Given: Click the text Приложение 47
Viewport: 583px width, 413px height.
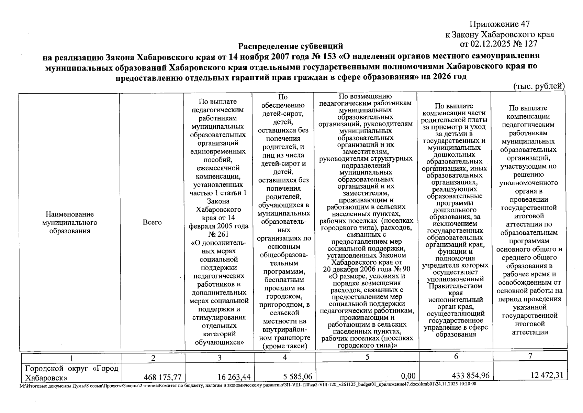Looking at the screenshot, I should (x=500, y=24).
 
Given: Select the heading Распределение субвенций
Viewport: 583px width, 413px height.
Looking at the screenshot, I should (x=291, y=46).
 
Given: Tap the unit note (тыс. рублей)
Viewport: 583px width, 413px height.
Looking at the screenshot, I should (x=539, y=86).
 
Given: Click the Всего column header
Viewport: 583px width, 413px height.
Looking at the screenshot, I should (x=152, y=222).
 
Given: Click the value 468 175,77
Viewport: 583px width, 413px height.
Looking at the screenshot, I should (x=162, y=377).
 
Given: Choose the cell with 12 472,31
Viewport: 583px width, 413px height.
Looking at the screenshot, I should (x=547, y=375).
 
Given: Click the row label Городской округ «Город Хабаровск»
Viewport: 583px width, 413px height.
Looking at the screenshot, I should (x=71, y=373).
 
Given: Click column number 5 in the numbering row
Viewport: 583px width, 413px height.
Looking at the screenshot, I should (x=367, y=357).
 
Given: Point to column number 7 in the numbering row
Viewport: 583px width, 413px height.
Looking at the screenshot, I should (x=530, y=356).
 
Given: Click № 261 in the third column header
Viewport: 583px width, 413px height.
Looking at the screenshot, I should (x=218, y=234).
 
